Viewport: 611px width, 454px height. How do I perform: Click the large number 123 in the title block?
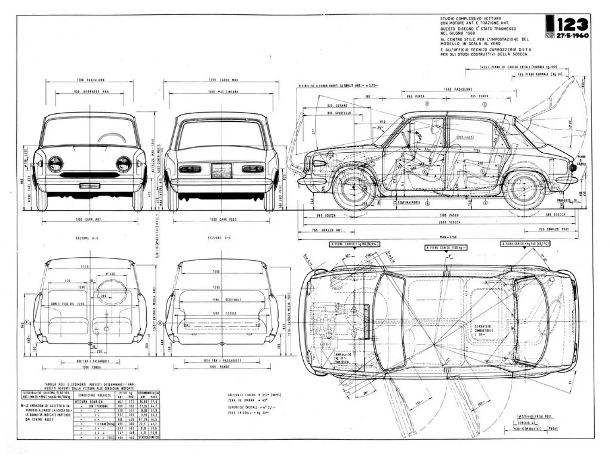(x=573, y=25)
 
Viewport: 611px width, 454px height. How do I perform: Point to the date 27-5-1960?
(x=573, y=36)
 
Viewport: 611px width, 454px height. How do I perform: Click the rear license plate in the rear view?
(x=221, y=170)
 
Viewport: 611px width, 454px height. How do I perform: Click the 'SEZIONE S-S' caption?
(x=221, y=238)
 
